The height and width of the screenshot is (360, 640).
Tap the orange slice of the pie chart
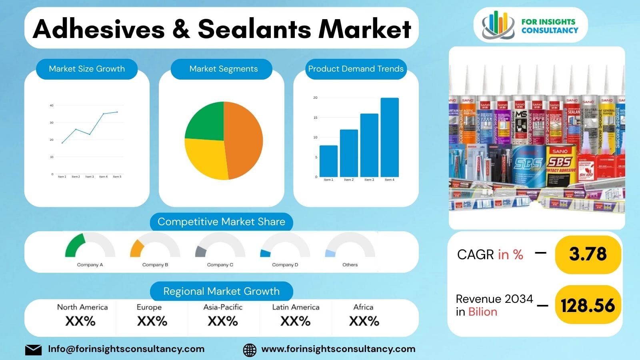244,140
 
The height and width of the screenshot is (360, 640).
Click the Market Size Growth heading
87,69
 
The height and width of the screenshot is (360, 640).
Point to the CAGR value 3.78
588,254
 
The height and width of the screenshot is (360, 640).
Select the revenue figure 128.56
588,306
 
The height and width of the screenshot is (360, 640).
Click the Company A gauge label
90,265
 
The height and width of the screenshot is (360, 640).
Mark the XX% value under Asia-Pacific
223,321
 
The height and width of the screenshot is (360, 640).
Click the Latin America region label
296,307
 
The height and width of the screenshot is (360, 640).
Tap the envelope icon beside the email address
33,350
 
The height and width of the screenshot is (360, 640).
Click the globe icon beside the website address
250,350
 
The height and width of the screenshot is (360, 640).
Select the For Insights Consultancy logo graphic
498,25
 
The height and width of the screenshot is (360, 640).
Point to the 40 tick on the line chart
52,106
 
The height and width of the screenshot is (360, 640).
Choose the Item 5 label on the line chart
117,176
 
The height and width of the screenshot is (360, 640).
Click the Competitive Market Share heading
221,222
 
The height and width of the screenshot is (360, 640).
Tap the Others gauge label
350,265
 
